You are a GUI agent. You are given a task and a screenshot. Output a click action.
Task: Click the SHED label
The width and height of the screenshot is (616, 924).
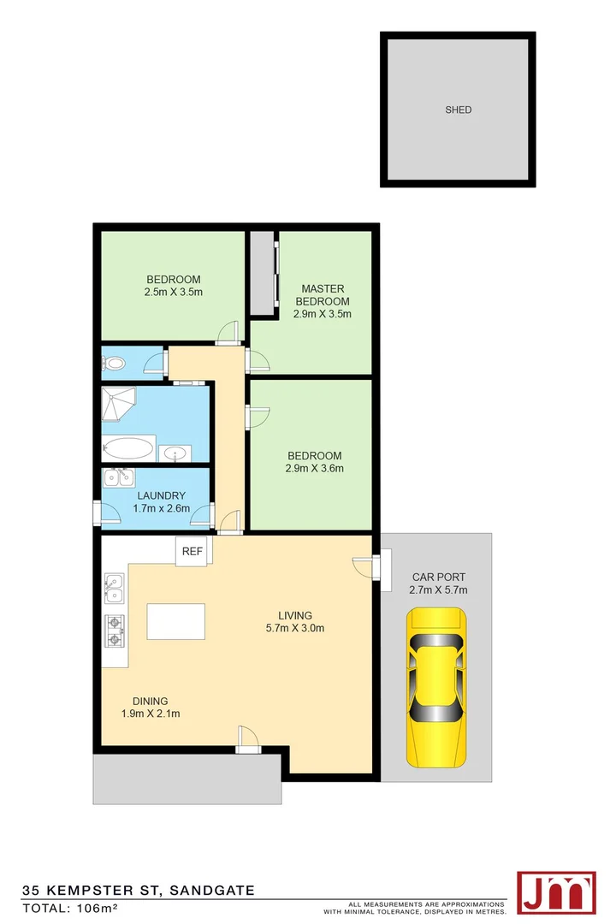click(458, 110)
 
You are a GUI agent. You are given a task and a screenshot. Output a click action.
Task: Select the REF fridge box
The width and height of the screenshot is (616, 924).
click(192, 552)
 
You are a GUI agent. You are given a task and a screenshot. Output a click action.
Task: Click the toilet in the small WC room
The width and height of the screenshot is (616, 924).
click(113, 364)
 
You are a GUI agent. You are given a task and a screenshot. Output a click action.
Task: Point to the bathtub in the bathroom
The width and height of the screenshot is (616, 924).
click(129, 448)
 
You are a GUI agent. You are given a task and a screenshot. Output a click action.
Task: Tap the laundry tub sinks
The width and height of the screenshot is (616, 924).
click(117, 477)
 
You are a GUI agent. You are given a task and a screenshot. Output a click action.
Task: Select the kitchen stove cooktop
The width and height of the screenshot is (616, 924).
click(115, 631)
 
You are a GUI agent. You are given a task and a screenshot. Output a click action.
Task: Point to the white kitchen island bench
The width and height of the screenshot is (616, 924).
click(176, 621)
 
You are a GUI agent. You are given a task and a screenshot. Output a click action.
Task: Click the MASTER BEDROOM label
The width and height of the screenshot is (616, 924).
click(322, 294)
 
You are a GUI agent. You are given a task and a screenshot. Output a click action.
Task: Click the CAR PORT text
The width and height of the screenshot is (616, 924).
click(439, 577)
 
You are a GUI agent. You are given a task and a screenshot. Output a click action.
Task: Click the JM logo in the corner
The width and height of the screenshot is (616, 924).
click(556, 892)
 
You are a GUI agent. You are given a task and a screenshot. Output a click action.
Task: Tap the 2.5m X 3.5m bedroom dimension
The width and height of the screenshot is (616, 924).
click(174, 292)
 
